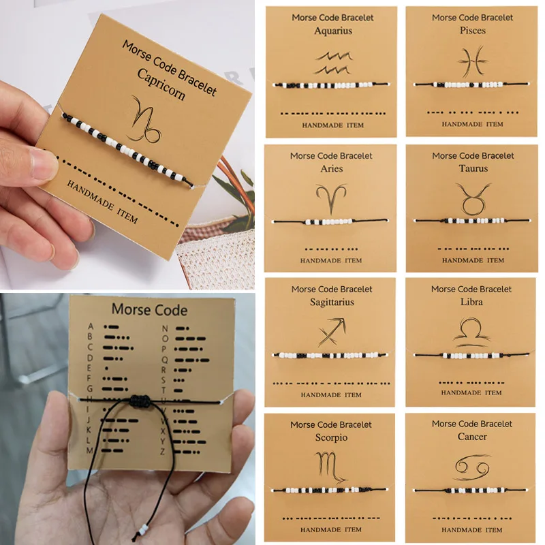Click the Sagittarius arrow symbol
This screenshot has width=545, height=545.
(x=332, y=332)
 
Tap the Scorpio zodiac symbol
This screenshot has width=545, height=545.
(x=330, y=467)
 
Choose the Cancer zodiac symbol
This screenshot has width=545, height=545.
(x=472, y=467)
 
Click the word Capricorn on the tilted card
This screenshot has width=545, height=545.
(x=161, y=84)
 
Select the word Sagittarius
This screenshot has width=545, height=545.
(x=332, y=302)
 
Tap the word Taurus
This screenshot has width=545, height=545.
(x=473, y=168)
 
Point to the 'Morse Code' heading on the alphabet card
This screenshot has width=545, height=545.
(x=149, y=310)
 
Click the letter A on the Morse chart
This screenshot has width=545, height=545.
(x=91, y=326)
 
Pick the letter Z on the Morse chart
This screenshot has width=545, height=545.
(x=163, y=452)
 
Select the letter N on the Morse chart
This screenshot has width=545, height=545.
(x=165, y=328)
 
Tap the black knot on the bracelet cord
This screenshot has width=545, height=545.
(x=140, y=401)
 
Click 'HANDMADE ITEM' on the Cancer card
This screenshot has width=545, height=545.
(x=471, y=530)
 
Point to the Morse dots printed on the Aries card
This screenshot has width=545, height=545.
(x=331, y=249)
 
